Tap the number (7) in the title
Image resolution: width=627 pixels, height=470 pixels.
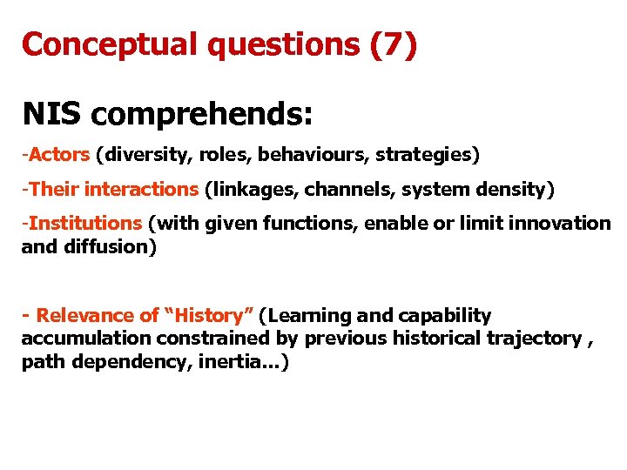click(x=394, y=44)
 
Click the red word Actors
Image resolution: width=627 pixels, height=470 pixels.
click(x=59, y=155)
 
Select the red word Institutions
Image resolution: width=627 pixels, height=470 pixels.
click(x=85, y=224)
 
